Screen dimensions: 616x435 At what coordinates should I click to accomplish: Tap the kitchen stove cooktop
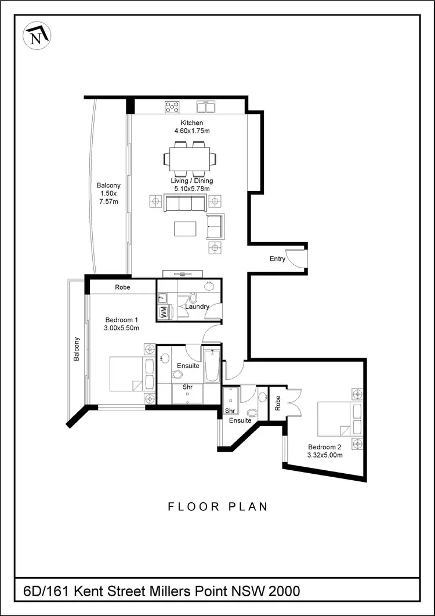172,107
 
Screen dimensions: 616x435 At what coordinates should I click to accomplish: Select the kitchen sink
206,107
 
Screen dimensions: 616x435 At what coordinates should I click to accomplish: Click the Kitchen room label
191,123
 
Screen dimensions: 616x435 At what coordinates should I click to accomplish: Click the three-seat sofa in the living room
185,203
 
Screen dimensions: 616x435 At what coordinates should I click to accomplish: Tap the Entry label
277,259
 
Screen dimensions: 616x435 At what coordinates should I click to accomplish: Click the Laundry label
197,307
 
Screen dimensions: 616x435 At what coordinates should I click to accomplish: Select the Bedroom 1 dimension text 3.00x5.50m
122,328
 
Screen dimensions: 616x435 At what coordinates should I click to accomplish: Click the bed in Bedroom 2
336,420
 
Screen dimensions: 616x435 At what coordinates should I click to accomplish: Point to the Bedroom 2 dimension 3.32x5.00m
325,455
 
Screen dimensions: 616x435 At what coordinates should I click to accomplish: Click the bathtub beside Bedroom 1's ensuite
211,365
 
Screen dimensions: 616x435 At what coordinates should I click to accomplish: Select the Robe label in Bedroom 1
122,287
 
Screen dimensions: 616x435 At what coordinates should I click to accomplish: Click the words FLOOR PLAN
218,506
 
